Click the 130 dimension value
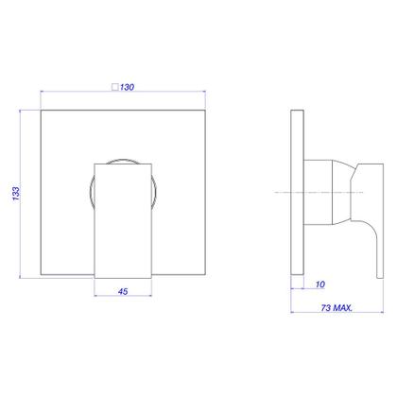[127, 87]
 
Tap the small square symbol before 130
[115, 87]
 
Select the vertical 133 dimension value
[16, 194]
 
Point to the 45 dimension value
[123, 291]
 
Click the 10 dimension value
[320, 285]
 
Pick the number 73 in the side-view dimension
[326, 307]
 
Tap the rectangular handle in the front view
[123, 221]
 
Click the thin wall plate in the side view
[297, 192]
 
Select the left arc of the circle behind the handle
[90, 192]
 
